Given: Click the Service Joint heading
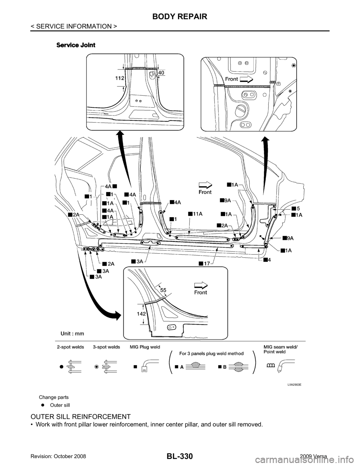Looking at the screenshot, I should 76,45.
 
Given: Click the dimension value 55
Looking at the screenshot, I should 163,290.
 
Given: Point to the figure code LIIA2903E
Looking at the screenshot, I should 294,385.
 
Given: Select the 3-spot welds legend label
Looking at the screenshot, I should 106,347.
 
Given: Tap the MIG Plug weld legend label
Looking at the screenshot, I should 145,347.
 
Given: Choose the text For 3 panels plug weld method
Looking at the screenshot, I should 213,353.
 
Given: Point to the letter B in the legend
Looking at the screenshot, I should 224,367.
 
